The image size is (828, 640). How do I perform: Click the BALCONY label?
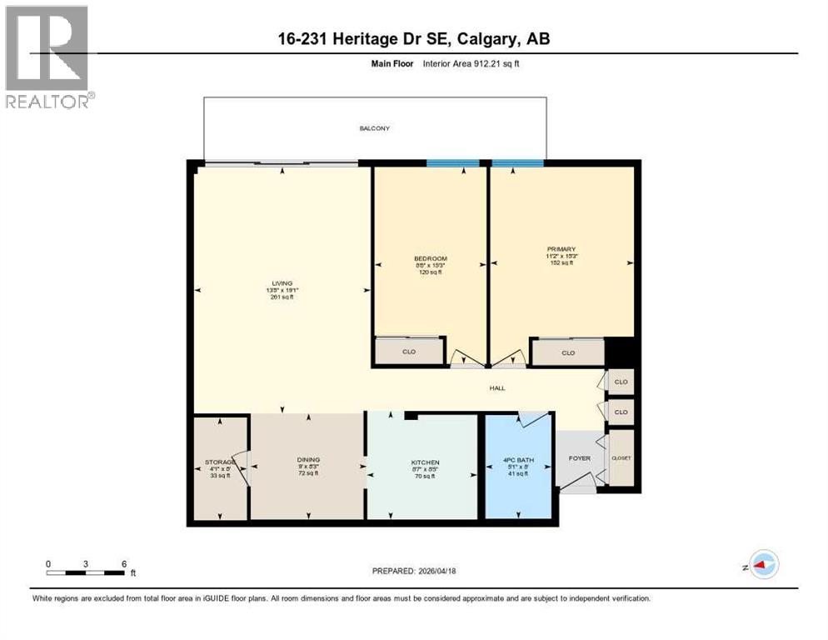click(x=374, y=128)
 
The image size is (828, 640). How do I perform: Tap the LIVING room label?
click(x=282, y=283)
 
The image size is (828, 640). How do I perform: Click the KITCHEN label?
click(x=425, y=462)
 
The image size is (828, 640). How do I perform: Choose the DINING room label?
click(x=308, y=459)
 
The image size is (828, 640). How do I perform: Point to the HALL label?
click(x=496, y=387)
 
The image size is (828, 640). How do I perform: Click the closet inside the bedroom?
click(x=409, y=352)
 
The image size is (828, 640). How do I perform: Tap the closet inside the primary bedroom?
click(x=568, y=352)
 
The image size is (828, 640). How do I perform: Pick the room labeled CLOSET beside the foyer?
click(x=621, y=457)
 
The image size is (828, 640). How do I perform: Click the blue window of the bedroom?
click(x=452, y=163)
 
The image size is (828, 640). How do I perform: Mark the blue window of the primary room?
click(x=517, y=163)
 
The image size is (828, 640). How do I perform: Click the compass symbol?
click(x=763, y=565)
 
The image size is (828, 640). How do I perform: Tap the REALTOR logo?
click(x=48, y=57)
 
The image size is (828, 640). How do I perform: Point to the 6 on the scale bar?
click(x=124, y=563)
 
